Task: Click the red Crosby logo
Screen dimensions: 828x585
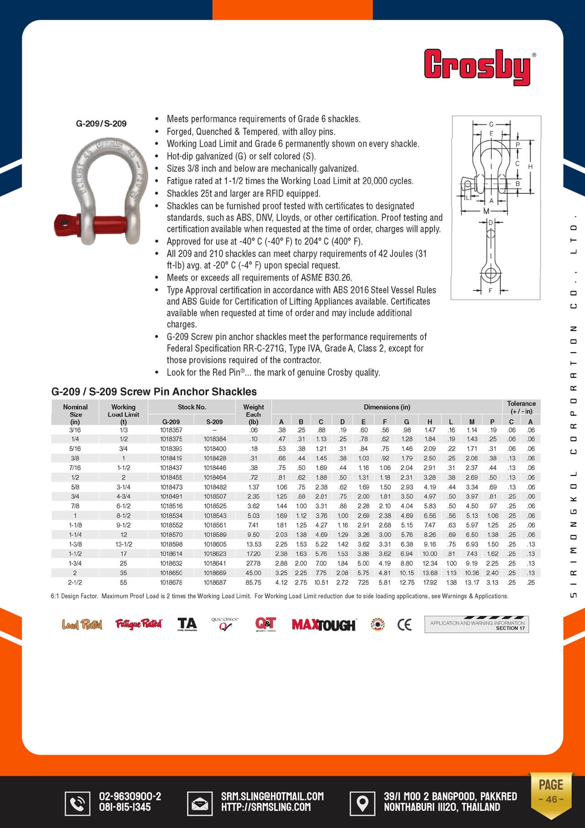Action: click(x=478, y=67)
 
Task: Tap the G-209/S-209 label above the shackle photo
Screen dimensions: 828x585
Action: click(x=101, y=123)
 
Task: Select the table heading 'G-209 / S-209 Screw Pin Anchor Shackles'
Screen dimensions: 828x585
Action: click(x=154, y=392)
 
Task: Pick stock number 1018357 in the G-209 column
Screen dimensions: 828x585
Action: click(x=171, y=430)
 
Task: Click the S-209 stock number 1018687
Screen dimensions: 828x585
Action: click(x=215, y=582)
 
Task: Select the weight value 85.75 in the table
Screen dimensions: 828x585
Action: click(x=253, y=582)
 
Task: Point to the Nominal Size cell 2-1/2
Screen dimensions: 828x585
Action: click(x=75, y=582)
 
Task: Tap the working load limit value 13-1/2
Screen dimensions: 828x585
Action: click(x=123, y=544)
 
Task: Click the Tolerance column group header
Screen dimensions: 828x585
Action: click(x=521, y=407)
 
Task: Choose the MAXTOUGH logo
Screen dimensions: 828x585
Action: click(x=324, y=625)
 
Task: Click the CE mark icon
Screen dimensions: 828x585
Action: click(x=404, y=625)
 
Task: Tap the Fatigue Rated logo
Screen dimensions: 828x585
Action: click(x=138, y=624)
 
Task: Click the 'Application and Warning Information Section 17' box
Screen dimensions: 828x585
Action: click(x=476, y=625)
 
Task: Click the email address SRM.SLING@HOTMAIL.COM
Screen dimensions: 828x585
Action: click(x=272, y=796)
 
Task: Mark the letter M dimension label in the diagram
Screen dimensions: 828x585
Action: click(x=486, y=211)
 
